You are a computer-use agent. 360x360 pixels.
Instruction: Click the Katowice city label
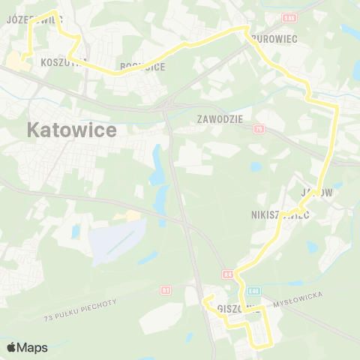pyautogui.click(x=72, y=130)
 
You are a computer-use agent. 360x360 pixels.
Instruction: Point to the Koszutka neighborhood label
pyautogui.click(x=64, y=61)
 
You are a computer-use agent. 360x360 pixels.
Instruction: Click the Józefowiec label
pyautogui.click(x=34, y=19)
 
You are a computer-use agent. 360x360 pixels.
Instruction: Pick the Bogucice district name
pyautogui.click(x=142, y=67)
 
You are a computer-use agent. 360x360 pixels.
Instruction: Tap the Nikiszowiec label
pyautogui.click(x=280, y=214)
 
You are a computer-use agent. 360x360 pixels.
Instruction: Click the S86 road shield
pyautogui.click(x=289, y=16)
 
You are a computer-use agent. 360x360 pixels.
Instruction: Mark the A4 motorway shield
pyautogui.click(x=226, y=274)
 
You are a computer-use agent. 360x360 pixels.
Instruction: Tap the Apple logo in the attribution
pyautogui.click(x=10, y=347)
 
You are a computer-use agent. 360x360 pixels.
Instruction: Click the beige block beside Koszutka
pyautogui.click(x=18, y=61)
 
